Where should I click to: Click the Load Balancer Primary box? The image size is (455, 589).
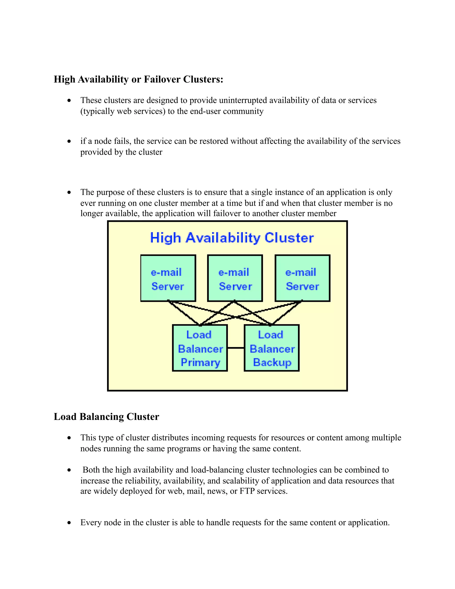tap(200, 348)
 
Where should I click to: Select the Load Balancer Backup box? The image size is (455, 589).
tap(271, 348)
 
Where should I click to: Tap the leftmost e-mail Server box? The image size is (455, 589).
tap(168, 278)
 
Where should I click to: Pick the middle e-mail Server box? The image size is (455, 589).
tap(235, 278)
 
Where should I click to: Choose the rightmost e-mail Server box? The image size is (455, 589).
tap(302, 278)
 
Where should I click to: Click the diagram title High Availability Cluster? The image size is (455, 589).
tap(232, 238)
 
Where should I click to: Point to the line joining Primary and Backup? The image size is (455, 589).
tap(236, 348)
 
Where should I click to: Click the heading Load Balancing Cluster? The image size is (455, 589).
tap(106, 417)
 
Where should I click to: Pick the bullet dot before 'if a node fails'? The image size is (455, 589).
tap(69, 141)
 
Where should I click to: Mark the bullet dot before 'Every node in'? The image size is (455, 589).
tap(69, 523)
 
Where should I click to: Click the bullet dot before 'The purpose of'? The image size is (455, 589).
tap(69, 192)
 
